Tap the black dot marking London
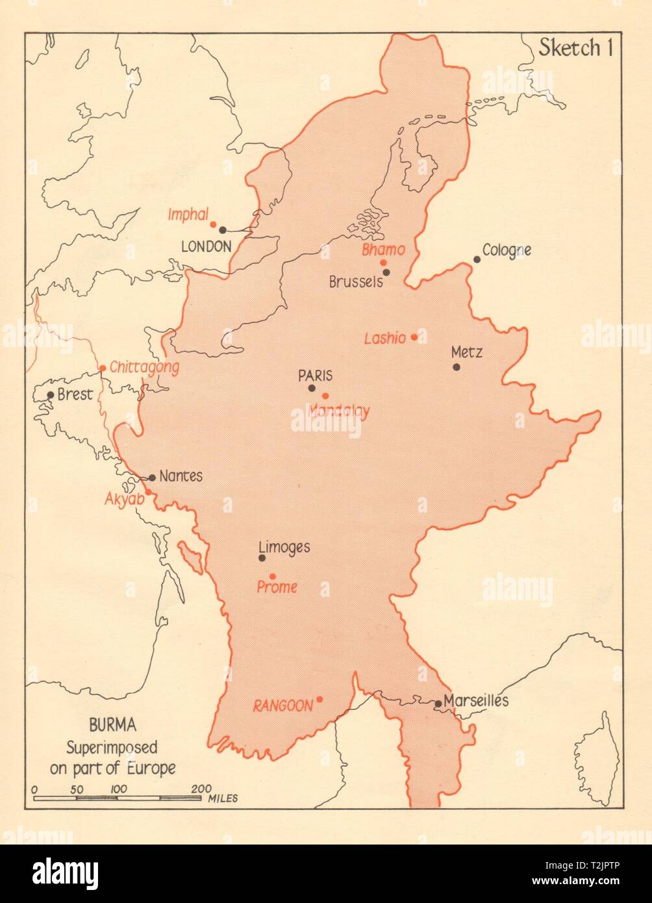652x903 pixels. (223, 229)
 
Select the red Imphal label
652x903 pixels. (186, 215)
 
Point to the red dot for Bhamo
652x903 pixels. (384, 262)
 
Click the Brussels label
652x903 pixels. (355, 283)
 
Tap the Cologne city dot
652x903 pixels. (477, 259)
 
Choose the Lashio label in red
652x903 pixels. (385, 338)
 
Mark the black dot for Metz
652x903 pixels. (457, 367)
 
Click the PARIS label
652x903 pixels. (315, 375)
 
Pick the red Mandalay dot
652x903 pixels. (325, 396)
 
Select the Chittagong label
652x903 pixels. (144, 368)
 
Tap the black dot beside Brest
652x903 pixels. (51, 394)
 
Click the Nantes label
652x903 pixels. (181, 476)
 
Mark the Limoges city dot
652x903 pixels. (262, 557)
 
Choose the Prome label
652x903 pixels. (277, 587)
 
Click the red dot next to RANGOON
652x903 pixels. (320, 699)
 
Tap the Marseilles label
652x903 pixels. (477, 701)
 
